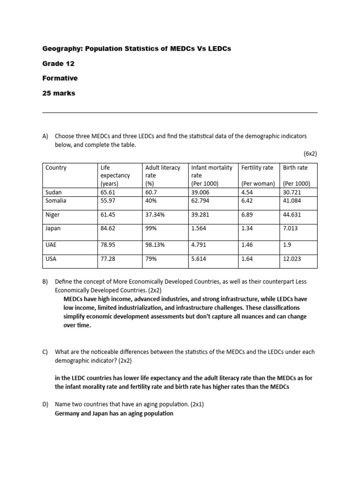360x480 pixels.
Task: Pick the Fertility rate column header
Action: (257, 167)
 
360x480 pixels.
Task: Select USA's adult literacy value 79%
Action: (152, 258)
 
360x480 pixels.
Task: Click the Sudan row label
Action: (53, 192)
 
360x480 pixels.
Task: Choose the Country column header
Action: (56, 167)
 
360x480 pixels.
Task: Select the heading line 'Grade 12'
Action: (58, 63)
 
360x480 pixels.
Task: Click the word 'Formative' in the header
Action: (60, 78)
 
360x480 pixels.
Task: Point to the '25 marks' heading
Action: (59, 93)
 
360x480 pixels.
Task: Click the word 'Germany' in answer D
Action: (68, 413)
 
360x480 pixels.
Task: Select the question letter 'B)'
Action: (45, 282)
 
